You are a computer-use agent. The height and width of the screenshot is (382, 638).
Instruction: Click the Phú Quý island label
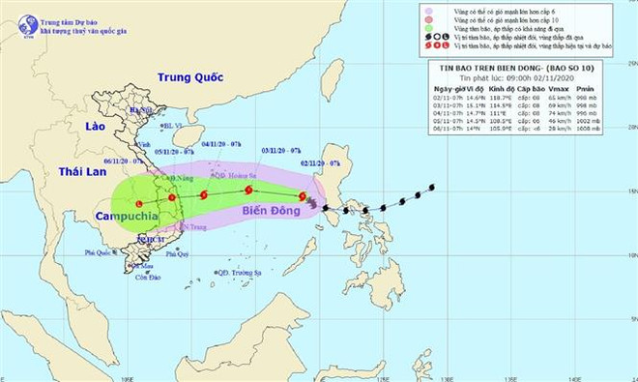click(177, 254)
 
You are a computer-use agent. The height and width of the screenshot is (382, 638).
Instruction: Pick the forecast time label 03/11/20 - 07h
click(281, 151)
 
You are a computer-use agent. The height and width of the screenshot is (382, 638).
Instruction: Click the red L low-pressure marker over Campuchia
click(139, 204)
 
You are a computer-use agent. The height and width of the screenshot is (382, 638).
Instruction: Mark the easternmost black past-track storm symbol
click(431, 187)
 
